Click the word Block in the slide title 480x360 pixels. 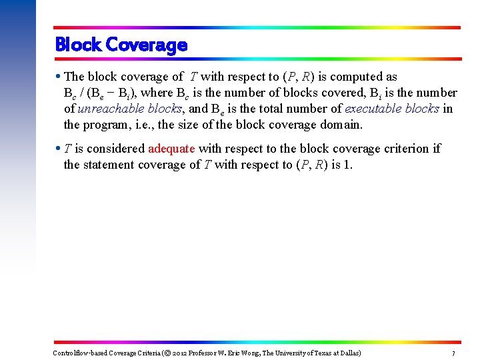click(77, 45)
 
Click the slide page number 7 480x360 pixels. click(453, 353)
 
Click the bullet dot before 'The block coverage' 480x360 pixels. click(58, 77)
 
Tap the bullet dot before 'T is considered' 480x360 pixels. click(58, 149)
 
